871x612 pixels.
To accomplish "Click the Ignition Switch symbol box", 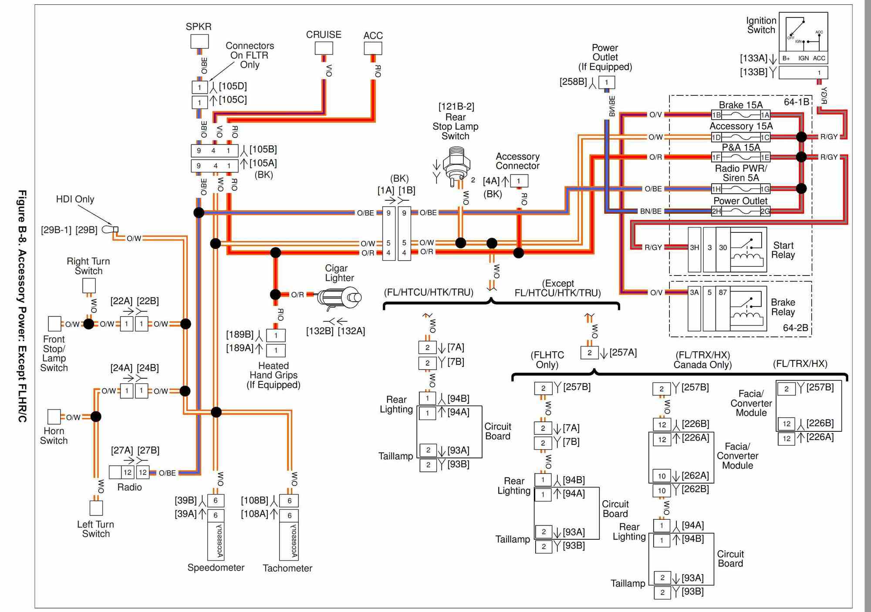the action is coord(803,32).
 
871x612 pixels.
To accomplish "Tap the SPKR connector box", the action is coord(199,41).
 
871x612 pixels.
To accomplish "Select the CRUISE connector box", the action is coord(324,48).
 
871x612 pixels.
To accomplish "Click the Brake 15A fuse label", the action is coord(740,105).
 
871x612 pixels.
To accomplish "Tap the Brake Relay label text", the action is coord(783,307).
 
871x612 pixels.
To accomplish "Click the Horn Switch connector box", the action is coord(54,417).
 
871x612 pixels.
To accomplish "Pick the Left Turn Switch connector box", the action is coord(96,508).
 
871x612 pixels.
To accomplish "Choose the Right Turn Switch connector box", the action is coord(89,286).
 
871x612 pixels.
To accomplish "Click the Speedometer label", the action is coord(216,568).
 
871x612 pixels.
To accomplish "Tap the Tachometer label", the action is coord(287,568).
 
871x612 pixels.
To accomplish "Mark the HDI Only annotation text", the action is coord(75,199).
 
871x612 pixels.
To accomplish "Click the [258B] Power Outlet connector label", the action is coord(573,81).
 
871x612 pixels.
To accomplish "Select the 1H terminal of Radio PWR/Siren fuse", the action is coord(716,189).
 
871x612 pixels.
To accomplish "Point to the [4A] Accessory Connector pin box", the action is coord(519,181).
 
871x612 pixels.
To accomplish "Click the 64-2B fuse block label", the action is coord(796,328).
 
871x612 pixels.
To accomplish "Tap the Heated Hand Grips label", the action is coord(273,375).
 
